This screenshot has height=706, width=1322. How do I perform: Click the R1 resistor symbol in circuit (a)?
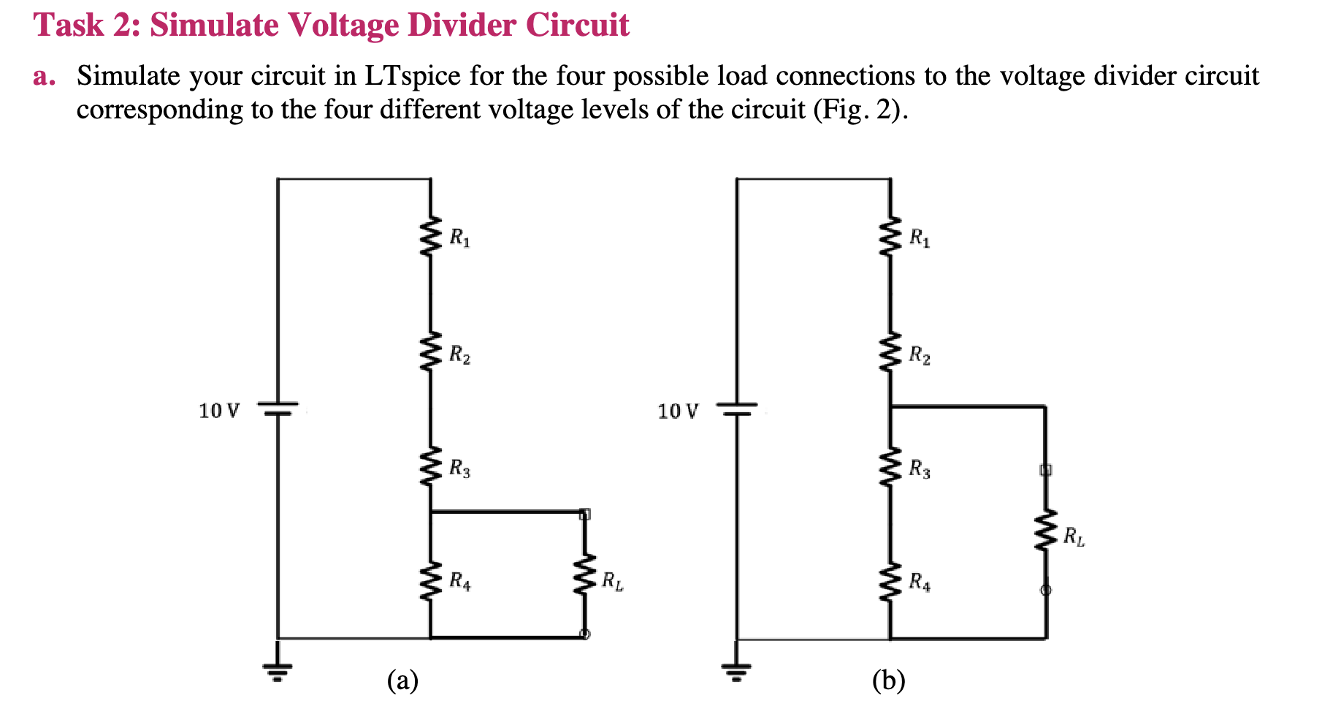tap(431, 237)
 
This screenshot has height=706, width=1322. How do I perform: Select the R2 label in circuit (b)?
tap(920, 356)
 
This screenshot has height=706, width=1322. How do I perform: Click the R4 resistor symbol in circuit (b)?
tap(890, 582)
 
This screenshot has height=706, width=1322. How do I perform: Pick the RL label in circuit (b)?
tap(1074, 537)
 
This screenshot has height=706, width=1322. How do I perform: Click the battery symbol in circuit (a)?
tap(278, 409)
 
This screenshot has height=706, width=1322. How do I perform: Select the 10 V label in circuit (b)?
tap(678, 411)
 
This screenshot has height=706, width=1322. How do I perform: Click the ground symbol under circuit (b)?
tap(736, 668)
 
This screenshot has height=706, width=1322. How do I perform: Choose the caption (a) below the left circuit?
tap(402, 680)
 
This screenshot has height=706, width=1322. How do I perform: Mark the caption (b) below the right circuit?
tap(888, 680)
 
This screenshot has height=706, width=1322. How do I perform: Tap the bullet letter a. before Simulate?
tap(44, 76)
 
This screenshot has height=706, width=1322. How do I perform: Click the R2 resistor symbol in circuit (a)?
tap(431, 352)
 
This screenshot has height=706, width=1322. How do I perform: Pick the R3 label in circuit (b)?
tap(920, 468)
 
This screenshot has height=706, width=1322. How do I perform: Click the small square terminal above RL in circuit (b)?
tap(1045, 470)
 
